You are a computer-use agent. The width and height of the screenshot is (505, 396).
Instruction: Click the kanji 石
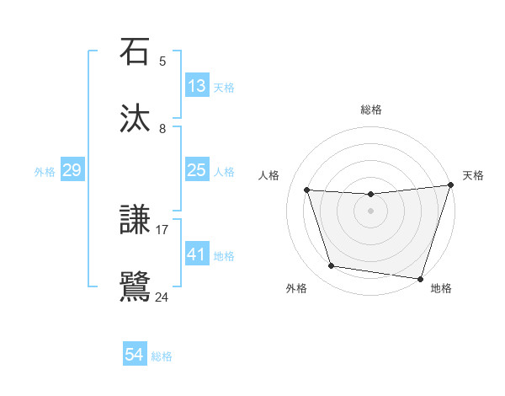[136, 52]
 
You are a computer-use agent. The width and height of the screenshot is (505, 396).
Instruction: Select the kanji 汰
[136, 119]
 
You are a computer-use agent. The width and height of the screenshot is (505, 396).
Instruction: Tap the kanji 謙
[136, 221]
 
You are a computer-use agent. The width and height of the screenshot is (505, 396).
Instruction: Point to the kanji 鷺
[136, 287]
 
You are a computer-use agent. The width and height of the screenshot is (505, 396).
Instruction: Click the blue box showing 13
[197, 86]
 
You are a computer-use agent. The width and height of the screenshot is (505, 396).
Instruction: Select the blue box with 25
[197, 170]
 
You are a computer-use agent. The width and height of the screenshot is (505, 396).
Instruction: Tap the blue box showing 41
[197, 254]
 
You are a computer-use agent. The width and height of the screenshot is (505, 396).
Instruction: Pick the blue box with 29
[72, 170]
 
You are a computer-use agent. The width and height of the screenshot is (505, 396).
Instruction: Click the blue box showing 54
[134, 355]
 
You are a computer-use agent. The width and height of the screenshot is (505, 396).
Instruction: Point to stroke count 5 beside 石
[162, 61]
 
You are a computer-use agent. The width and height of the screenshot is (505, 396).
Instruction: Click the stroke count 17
[162, 228]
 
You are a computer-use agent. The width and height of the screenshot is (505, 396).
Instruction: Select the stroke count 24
[162, 297]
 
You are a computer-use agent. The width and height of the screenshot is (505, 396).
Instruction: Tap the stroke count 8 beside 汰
[162, 128]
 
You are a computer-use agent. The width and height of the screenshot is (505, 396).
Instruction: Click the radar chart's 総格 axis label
[371, 110]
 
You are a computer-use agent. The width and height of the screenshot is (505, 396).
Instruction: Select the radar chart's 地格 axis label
[441, 289]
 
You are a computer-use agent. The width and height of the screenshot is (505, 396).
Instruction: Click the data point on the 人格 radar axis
[307, 190]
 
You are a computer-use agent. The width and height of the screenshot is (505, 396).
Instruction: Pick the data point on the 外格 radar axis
[332, 266]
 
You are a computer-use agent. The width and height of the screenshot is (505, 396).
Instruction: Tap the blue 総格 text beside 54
[162, 356]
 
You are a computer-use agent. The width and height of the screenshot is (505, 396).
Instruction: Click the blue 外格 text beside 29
[45, 172]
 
